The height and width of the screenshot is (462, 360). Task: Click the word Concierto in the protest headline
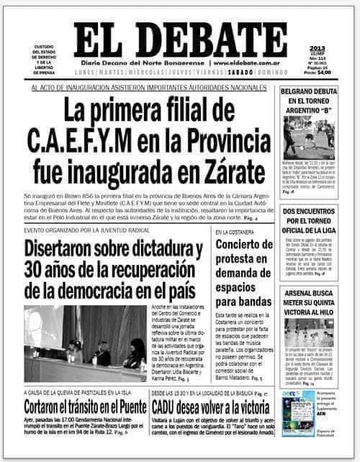click(x=241, y=247)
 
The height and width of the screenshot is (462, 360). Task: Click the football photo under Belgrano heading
click(x=308, y=137)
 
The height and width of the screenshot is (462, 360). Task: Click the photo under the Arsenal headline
click(x=308, y=334)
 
